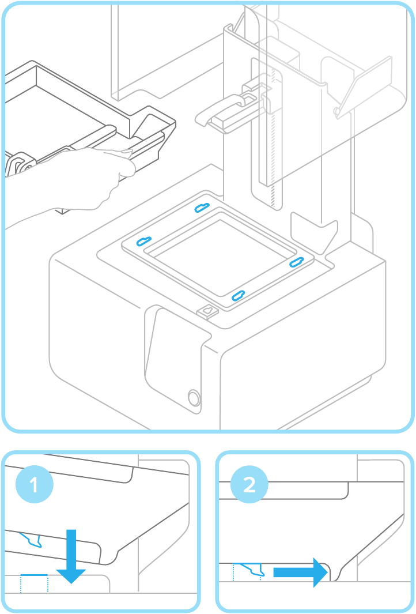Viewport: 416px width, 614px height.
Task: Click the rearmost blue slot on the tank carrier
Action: tap(202, 207)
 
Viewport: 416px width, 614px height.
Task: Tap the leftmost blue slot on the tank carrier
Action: tap(143, 241)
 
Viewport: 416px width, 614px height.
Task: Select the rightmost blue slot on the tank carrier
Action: tap(296, 262)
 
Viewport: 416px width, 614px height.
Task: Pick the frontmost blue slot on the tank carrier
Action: tap(237, 296)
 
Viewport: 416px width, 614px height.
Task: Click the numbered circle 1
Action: tap(34, 485)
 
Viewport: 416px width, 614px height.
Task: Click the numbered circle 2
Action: tap(249, 485)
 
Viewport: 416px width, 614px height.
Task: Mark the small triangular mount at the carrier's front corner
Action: tap(207, 312)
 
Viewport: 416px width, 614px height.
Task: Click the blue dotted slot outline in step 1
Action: tap(34, 583)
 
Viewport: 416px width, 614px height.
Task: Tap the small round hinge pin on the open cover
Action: tap(336, 110)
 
